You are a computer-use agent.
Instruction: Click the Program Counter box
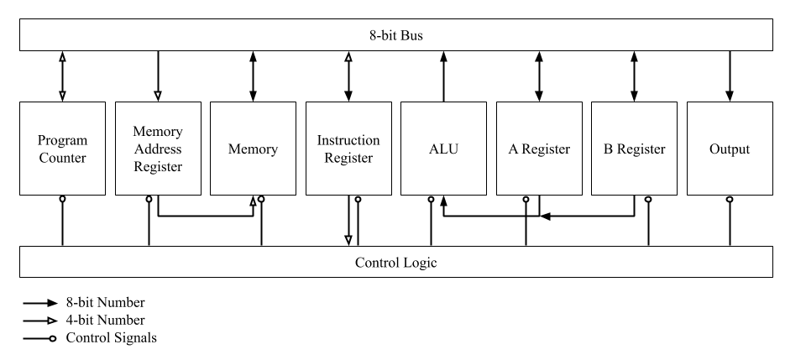click(62, 149)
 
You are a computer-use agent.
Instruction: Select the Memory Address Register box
click(158, 149)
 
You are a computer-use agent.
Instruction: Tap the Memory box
click(253, 149)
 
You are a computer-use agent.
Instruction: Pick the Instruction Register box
click(348, 149)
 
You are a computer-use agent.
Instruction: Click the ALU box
click(443, 149)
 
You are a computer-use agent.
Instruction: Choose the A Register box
click(539, 149)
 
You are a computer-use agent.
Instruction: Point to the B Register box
click(634, 149)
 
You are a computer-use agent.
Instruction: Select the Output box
click(730, 149)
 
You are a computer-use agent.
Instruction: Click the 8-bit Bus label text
click(395, 34)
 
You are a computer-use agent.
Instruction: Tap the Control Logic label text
click(395, 263)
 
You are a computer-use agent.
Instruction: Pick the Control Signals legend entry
click(92, 337)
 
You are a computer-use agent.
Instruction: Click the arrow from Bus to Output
click(730, 76)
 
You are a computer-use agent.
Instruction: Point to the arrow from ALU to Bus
click(443, 76)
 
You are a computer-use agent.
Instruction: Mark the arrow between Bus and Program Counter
click(62, 76)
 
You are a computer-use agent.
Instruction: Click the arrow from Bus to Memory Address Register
click(158, 76)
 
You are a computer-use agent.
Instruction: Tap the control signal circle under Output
click(730, 200)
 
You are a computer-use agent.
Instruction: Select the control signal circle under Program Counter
click(62, 200)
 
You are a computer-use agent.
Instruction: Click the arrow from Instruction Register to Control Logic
click(348, 222)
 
